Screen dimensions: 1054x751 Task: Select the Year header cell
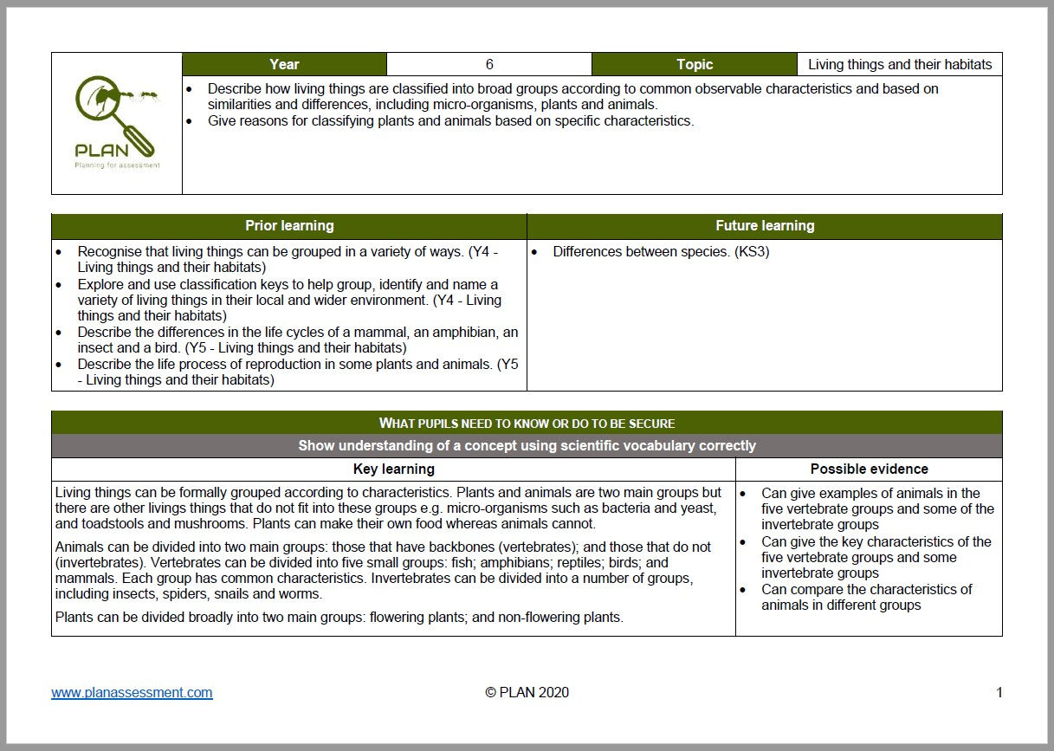284,64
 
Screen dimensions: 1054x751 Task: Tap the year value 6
489,64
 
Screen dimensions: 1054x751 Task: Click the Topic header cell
695,64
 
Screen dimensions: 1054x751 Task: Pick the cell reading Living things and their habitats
899,64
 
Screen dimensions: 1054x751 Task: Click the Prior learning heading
289,226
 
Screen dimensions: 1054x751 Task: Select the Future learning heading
765,226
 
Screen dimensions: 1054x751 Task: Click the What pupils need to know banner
527,423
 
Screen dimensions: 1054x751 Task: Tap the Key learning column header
394,469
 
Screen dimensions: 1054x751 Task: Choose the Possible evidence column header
869,469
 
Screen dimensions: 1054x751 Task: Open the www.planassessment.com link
132,692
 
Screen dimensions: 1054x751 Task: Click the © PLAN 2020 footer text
527,692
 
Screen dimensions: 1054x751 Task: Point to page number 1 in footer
999,692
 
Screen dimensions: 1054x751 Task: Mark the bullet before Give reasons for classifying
190,121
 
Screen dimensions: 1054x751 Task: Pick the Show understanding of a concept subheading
527,446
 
